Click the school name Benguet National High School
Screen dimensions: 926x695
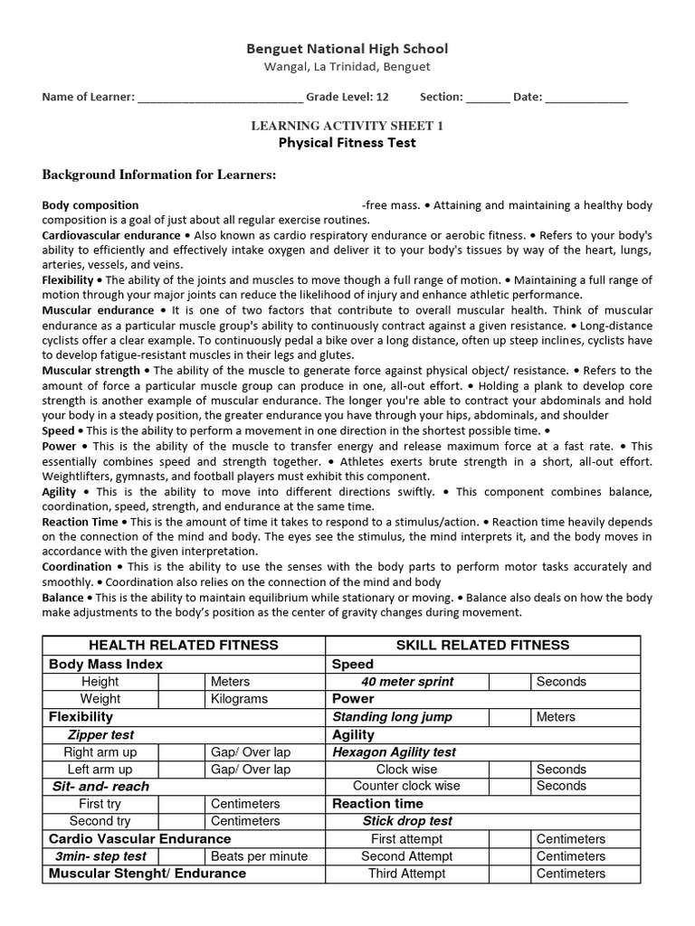pyautogui.click(x=347, y=49)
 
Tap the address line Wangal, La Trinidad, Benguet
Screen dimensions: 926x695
pyautogui.click(x=347, y=67)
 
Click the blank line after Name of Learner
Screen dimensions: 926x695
pyautogui.click(x=220, y=98)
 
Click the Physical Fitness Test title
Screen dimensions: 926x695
pyautogui.click(x=347, y=143)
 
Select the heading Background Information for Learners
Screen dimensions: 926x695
pyautogui.click(x=159, y=175)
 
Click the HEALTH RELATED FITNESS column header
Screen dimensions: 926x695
pyautogui.click(x=183, y=645)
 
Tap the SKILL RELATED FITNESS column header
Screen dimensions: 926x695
pyautogui.click(x=482, y=645)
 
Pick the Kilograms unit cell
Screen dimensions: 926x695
pyautogui.click(x=239, y=699)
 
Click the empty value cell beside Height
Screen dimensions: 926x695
pyautogui.click(x=181, y=682)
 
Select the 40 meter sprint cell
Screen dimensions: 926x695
pyautogui.click(x=407, y=682)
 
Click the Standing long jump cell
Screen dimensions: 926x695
pyautogui.click(x=392, y=717)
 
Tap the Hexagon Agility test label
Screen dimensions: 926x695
pyautogui.click(x=395, y=752)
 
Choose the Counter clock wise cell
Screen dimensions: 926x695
pyautogui.click(x=406, y=787)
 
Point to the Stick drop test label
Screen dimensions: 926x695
pyautogui.click(x=407, y=821)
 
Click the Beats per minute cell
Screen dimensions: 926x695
pyautogui.click(x=259, y=856)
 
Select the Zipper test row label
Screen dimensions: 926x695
pyautogui.click(x=100, y=735)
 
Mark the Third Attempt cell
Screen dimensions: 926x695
pyautogui.click(x=406, y=874)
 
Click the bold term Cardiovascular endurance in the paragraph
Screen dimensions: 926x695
pyautogui.click(x=110, y=235)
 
